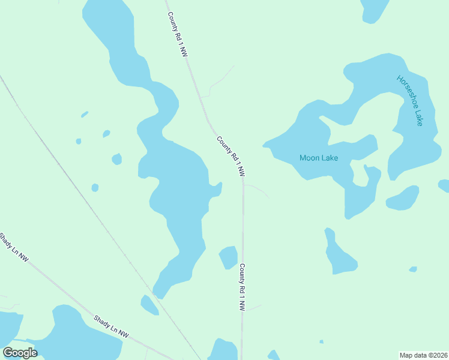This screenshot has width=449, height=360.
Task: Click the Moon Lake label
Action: coord(319,158)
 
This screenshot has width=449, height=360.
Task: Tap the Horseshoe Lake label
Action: coord(411,100)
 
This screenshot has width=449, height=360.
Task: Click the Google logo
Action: coord(20,353)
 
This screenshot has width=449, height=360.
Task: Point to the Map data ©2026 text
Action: coord(423,355)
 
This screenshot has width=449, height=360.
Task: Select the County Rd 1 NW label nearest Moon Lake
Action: coord(231,156)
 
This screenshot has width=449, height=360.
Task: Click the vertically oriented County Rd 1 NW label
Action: coord(243,287)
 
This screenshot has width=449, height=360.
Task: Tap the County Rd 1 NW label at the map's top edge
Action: coord(178,35)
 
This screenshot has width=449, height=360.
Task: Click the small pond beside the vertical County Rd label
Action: coord(228,257)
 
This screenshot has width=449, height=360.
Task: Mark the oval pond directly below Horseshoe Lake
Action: coord(403,199)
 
